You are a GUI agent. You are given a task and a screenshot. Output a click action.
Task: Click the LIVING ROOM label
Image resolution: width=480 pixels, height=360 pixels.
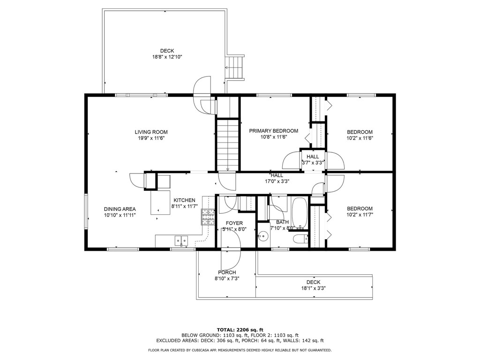[x=151, y=132]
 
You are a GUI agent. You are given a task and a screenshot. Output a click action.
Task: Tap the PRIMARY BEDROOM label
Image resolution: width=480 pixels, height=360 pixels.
[x=273, y=131]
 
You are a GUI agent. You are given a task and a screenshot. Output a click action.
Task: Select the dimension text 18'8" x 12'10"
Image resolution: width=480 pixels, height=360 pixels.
[x=167, y=57]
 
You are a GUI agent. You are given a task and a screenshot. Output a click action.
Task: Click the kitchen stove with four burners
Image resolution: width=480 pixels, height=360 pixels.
[x=208, y=216]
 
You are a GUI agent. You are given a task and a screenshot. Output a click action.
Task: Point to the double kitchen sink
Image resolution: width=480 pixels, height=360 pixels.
[x=181, y=241]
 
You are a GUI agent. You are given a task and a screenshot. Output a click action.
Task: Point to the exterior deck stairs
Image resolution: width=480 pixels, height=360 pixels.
[x=235, y=67]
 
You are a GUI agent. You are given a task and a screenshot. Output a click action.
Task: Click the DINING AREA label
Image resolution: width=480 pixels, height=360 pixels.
[x=120, y=209]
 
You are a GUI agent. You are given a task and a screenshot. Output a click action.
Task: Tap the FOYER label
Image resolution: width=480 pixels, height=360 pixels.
[x=234, y=223]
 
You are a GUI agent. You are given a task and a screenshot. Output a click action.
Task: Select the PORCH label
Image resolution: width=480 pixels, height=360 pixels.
[x=227, y=272]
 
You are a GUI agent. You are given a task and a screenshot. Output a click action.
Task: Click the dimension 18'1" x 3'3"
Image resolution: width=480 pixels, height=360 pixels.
[x=314, y=288]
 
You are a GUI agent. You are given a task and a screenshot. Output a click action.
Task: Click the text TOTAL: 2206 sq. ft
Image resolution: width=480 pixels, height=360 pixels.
[x=240, y=330]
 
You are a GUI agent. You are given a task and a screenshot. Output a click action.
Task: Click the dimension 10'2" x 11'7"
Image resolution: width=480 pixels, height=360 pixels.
[x=360, y=215]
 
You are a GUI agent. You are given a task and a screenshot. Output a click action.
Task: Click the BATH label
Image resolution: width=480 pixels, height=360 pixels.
[x=282, y=222]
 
